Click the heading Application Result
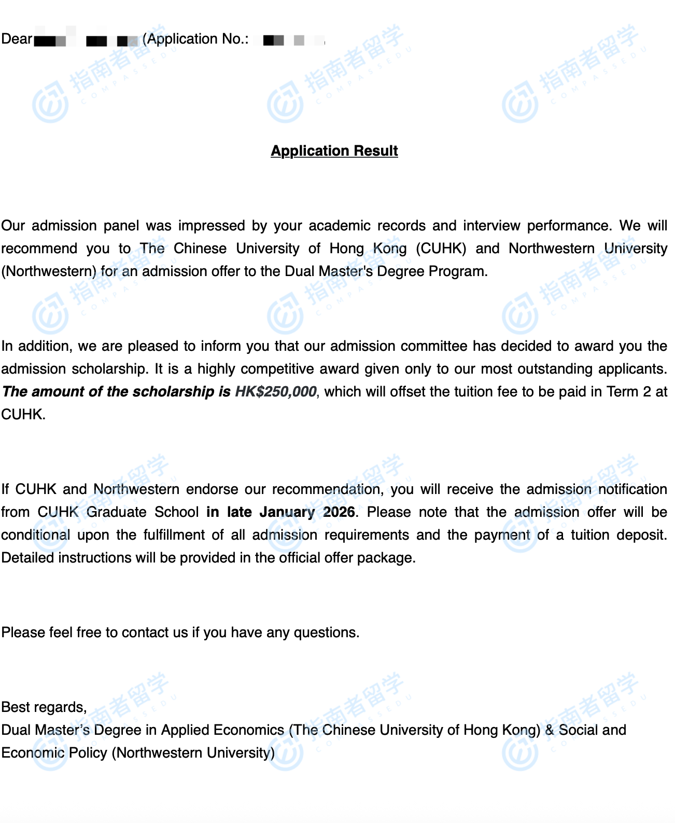click(334, 150)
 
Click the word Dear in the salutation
click(17, 39)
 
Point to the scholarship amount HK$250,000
click(275, 391)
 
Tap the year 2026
click(339, 512)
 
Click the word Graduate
click(116, 512)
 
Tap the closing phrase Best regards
click(44, 707)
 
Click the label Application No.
click(195, 39)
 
